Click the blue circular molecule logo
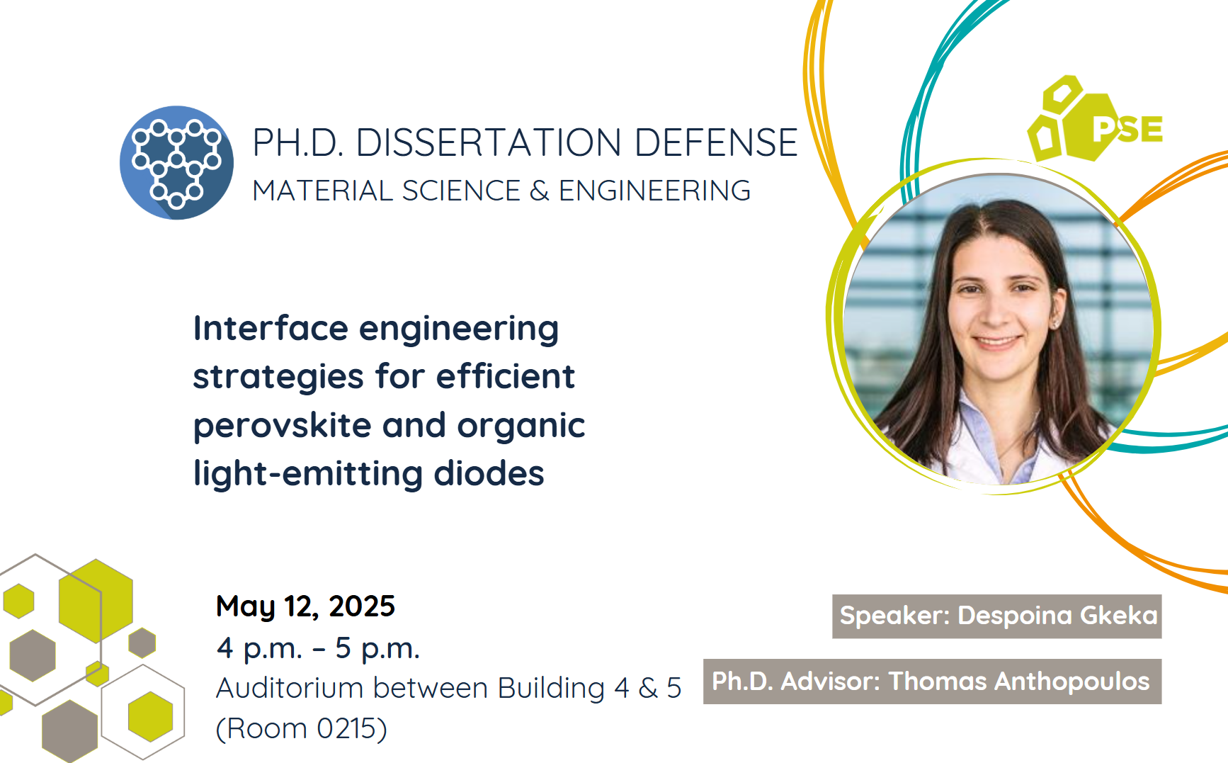pos(177,163)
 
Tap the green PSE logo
pos(1095,119)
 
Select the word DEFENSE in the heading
pos(716,142)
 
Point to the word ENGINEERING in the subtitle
pos(654,191)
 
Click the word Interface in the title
pos(271,328)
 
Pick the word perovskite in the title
pos(283,426)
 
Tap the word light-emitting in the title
pos(308,473)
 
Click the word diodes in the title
pos(489,473)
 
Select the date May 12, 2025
pos(305,606)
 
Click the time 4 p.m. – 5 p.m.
pos(318,648)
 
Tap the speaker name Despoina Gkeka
pos(1057,616)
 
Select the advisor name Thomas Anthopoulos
pos(1019,681)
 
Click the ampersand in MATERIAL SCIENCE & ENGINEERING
pos(539,191)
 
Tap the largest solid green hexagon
pos(96,600)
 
